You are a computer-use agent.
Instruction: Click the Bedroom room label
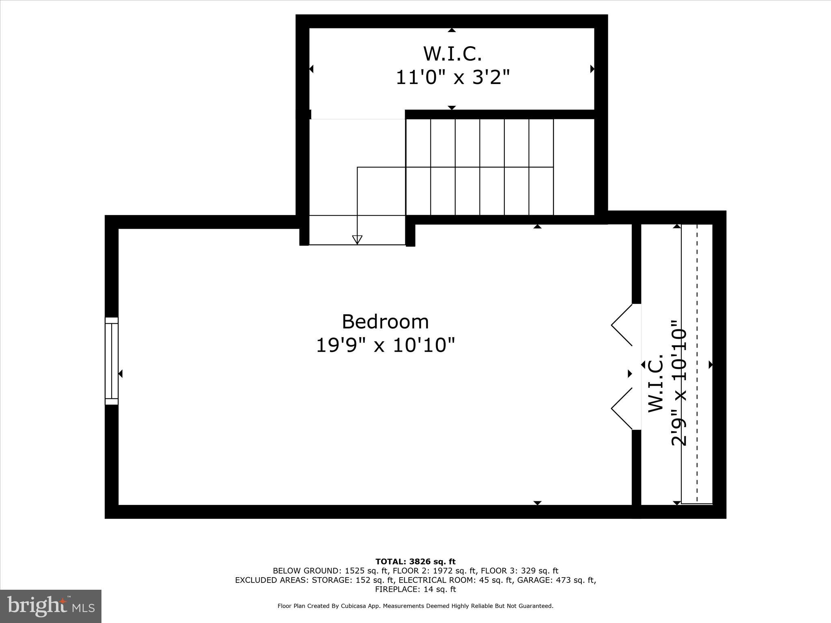385,322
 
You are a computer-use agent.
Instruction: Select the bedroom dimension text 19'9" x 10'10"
385,346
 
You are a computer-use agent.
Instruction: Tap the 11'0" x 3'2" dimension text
452,77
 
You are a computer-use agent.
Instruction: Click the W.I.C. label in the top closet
452,54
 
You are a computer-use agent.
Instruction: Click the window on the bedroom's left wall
112,361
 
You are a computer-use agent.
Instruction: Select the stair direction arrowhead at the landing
357,240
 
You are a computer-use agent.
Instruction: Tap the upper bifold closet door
622,325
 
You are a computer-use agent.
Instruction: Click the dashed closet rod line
697,365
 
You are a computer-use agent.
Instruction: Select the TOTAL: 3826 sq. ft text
415,562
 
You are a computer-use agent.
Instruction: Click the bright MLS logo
50,606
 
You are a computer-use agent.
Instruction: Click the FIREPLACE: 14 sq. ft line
415,589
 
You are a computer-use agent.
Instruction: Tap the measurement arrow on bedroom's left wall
120,374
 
